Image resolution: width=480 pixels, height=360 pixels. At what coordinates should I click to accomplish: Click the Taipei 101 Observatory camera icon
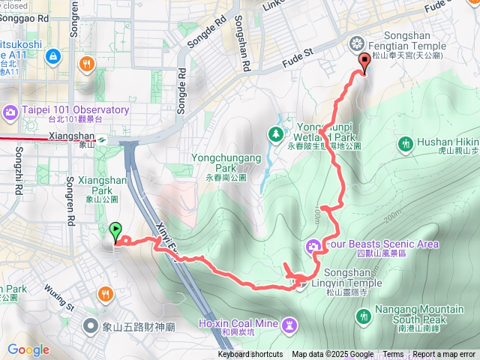[10, 112]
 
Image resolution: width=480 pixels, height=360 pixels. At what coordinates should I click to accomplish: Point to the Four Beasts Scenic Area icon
[313, 244]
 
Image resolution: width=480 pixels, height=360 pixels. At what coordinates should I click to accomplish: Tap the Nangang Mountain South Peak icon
[364, 317]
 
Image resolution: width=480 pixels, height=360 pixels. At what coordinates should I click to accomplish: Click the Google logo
[28, 349]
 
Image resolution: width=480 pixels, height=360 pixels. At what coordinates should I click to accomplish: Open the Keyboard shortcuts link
[250, 355]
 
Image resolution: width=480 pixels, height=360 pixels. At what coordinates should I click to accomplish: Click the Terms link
[393, 355]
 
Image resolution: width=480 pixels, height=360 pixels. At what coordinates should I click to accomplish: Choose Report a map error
[445, 355]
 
